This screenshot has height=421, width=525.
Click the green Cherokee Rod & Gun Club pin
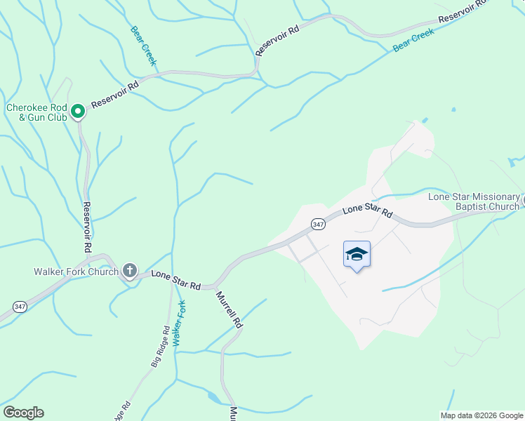[78, 111]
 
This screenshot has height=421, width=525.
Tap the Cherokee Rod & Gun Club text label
[36, 112]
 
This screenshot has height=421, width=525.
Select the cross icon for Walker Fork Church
[129, 270]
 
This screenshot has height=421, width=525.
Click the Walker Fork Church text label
[77, 272]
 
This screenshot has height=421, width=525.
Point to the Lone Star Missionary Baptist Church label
[474, 201]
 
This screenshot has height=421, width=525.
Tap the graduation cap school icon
[357, 255]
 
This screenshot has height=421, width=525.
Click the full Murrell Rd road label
[228, 310]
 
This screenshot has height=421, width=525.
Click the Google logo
[23, 412]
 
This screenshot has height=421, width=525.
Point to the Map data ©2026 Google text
[481, 415]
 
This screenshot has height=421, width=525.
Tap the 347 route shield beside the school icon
[318, 224]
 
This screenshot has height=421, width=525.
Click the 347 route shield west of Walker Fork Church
[20, 306]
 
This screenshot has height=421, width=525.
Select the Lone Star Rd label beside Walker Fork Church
[176, 281]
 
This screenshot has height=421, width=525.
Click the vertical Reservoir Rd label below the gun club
[88, 227]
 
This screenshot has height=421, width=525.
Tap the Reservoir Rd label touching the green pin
[115, 92]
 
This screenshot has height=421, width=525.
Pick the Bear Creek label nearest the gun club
[143, 46]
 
